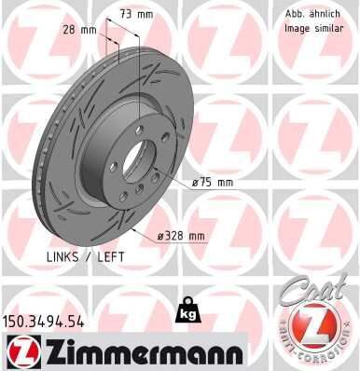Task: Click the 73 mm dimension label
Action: coord(137,15)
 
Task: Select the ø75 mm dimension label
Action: coord(212,183)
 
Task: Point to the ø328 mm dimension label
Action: coord(181,236)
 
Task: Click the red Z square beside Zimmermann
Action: coord(18,352)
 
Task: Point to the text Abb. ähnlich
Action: coord(311,14)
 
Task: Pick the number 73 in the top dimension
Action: coord(129,15)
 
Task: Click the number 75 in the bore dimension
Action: coord(208,183)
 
